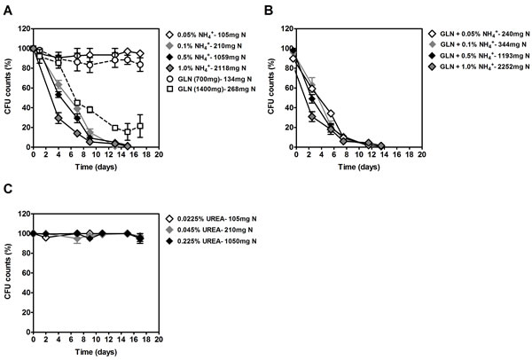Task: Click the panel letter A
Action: (6, 7)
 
